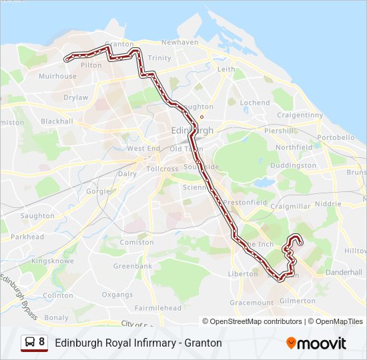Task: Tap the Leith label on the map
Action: pyautogui.click(x=226, y=69)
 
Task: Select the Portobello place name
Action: pyautogui.click(x=336, y=137)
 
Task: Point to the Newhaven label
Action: pyautogui.click(x=179, y=42)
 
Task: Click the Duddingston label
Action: pyautogui.click(x=294, y=165)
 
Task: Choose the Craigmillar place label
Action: pyautogui.click(x=290, y=207)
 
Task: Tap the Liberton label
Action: pyautogui.click(x=243, y=273)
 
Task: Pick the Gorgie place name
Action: pyautogui.click(x=97, y=191)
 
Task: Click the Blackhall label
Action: pyautogui.click(x=57, y=121)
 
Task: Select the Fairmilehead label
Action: pyautogui.click(x=157, y=308)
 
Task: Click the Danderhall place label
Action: pyautogui.click(x=343, y=273)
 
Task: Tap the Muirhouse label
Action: pyautogui.click(x=57, y=76)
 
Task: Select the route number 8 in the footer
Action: pyautogui.click(x=41, y=343)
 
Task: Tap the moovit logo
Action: pyautogui.click(x=316, y=343)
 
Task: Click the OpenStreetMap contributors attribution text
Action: pyautogui.click(x=256, y=321)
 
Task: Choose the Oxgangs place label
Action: pyautogui.click(x=117, y=294)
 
